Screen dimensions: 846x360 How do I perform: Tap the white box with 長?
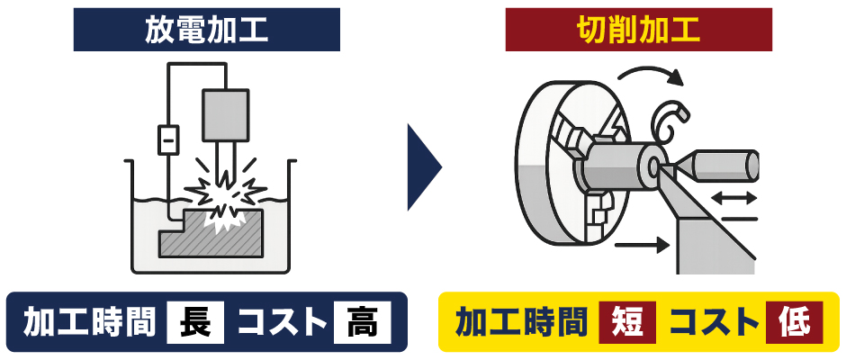point(194,323)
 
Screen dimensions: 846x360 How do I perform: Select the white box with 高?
point(362,323)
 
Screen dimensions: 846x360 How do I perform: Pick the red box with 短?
point(627,323)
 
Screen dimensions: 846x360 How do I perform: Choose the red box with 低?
point(794,323)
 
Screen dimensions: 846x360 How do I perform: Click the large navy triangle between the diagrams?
point(425,167)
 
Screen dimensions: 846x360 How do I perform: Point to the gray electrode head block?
point(226,114)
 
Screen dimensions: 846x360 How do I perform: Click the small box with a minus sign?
point(168,139)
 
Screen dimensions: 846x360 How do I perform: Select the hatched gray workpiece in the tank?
point(211,234)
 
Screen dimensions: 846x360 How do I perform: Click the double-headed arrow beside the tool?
point(734,199)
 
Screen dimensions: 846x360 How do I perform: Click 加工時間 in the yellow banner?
point(521,323)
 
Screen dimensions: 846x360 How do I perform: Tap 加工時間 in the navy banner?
point(89,323)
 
